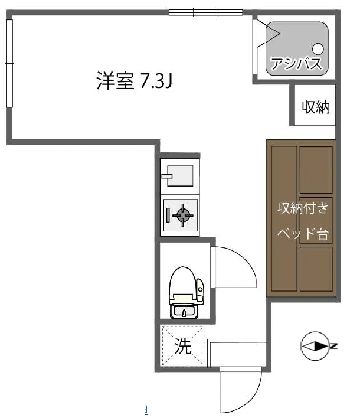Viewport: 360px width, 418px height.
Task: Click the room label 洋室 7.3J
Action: [x=135, y=80]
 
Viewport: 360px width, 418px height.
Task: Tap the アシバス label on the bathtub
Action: [x=296, y=63]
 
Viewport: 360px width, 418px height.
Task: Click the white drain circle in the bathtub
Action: [x=318, y=49]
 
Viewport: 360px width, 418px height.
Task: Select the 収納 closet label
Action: [x=316, y=107]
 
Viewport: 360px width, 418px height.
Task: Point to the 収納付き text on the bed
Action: [x=303, y=208]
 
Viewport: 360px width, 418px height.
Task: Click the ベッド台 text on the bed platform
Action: [x=303, y=234]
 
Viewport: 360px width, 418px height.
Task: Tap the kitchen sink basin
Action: [x=180, y=176]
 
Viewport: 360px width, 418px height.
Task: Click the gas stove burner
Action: [x=183, y=215]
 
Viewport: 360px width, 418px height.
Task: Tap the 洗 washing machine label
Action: [x=183, y=347]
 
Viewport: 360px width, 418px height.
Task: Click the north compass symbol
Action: [x=315, y=346]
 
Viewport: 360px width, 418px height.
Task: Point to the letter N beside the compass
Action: [x=334, y=346]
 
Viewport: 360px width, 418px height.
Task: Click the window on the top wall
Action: [x=206, y=12]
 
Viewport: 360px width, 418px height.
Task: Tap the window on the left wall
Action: [x=9, y=63]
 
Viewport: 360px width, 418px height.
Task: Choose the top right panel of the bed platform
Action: [x=316, y=170]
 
